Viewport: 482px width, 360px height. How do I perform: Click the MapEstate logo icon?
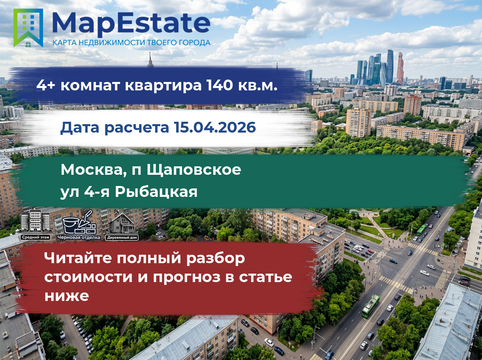[28, 28]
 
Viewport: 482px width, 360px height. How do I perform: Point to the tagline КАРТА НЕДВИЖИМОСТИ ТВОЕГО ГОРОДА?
[131, 43]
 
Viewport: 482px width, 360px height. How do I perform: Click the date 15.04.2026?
[214, 127]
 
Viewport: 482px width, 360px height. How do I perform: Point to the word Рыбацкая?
[156, 192]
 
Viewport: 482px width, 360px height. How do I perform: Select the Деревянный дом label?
[122, 237]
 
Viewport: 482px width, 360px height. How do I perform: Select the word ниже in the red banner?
[67, 296]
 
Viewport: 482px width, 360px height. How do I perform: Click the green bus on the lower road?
[371, 306]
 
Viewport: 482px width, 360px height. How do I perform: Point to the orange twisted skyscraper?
[400, 68]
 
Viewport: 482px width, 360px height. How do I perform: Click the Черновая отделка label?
[79, 237]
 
